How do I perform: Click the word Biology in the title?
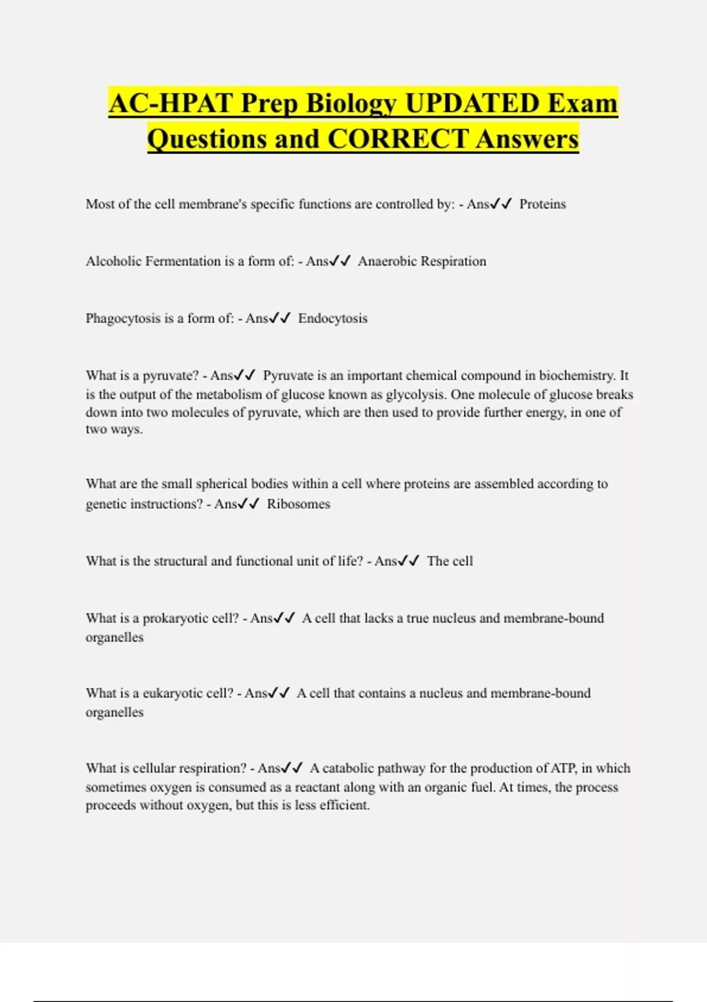coord(352,104)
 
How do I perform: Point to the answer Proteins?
coord(542,205)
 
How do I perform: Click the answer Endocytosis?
coord(332,319)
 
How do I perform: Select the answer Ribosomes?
coord(298,504)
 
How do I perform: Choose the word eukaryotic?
coord(173,693)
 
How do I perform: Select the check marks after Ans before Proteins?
coord(501,204)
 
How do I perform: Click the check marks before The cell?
coord(408,561)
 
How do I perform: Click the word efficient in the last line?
coord(344,805)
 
